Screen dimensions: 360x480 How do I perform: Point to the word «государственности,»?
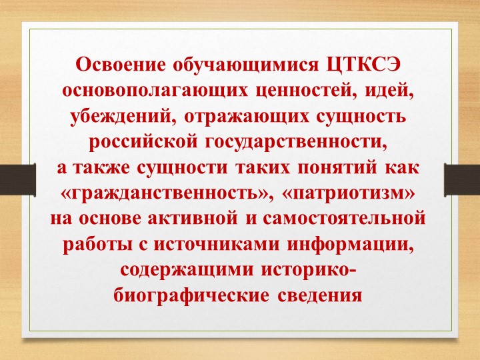299,142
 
